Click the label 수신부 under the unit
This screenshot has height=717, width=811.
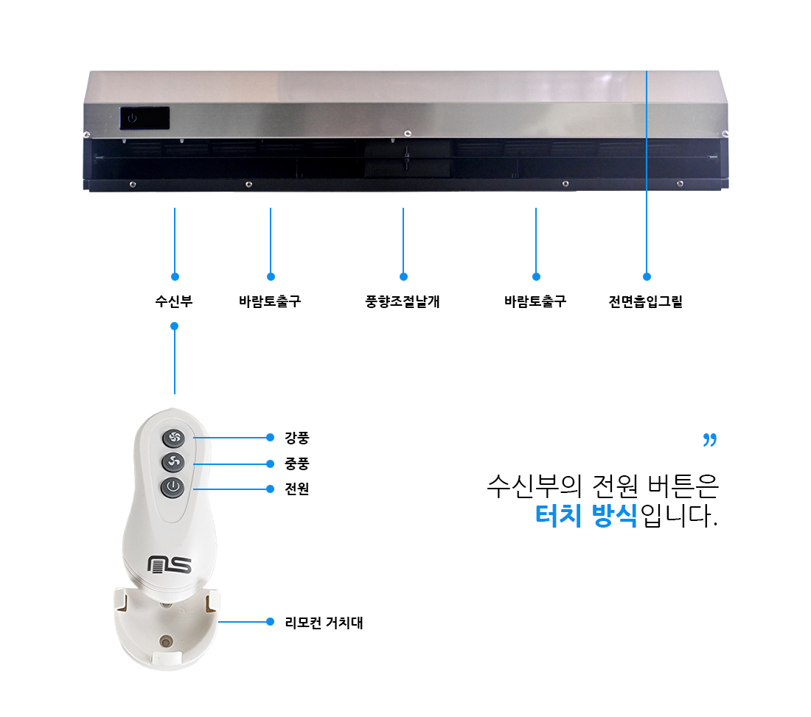coord(174,301)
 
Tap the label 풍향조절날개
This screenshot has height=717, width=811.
coord(403,301)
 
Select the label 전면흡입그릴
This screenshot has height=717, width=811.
coord(646,301)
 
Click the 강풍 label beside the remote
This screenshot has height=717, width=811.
coord(297,438)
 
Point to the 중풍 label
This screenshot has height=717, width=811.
coord(297,464)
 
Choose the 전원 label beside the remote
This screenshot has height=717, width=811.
coord(297,489)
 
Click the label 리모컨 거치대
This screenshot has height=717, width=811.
coord(324,623)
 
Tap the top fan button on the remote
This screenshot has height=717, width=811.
coord(174,438)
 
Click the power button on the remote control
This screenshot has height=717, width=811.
coord(173,488)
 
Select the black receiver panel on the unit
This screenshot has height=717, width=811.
coord(145,118)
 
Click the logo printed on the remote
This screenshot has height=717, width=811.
coord(170,564)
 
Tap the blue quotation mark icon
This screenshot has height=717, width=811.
coord(709,440)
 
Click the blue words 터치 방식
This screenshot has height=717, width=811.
coord(586,515)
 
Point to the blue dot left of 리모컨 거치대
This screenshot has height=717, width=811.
coord(270,621)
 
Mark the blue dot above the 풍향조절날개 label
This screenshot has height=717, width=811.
coord(403,276)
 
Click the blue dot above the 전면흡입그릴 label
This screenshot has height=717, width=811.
coord(647,276)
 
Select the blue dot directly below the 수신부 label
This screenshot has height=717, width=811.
coord(174,326)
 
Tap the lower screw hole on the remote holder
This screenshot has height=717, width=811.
coord(165,643)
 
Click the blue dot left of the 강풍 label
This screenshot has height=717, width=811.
coord(270,437)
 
